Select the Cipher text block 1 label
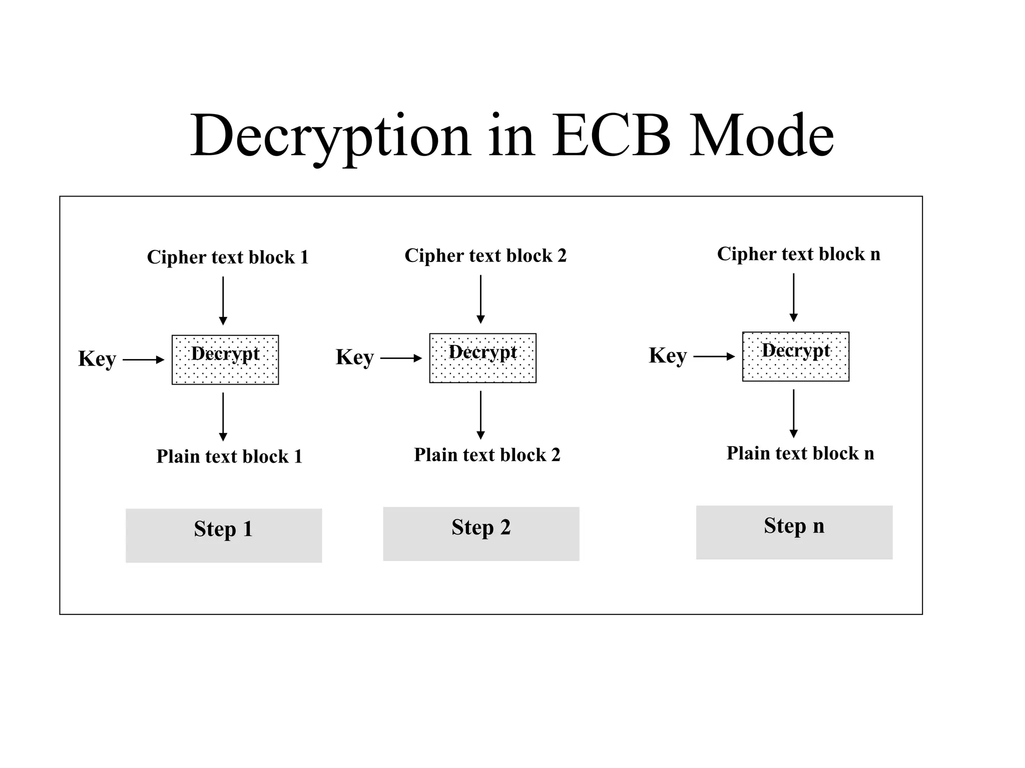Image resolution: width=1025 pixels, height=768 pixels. tap(228, 257)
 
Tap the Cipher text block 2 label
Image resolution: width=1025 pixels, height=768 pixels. tap(485, 255)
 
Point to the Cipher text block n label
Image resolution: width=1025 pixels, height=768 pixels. tap(798, 254)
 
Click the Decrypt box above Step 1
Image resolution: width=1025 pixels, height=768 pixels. tap(225, 360)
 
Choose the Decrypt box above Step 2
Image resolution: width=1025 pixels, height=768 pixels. tap(483, 358)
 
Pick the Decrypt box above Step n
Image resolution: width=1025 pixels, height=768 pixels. tap(796, 356)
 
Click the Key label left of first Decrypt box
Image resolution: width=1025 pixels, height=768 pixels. tap(97, 359)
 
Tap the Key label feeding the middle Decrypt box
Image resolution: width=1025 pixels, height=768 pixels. tap(354, 357)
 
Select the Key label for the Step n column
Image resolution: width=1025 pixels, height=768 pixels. tap(668, 356)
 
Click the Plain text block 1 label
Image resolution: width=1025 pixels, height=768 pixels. tap(229, 456)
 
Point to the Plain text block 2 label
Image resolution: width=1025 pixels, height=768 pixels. tap(487, 455)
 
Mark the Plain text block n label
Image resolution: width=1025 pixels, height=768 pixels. tap(800, 453)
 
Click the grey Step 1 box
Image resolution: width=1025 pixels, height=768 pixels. tap(224, 535)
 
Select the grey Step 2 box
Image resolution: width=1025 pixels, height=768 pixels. tap(481, 534)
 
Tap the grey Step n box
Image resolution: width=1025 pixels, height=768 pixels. tap(794, 532)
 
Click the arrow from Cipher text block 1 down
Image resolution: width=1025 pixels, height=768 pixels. tap(223, 300)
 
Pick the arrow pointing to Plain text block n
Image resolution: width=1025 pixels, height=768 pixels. tap(793, 413)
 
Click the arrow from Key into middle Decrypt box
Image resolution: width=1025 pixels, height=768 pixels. tap(400, 358)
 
